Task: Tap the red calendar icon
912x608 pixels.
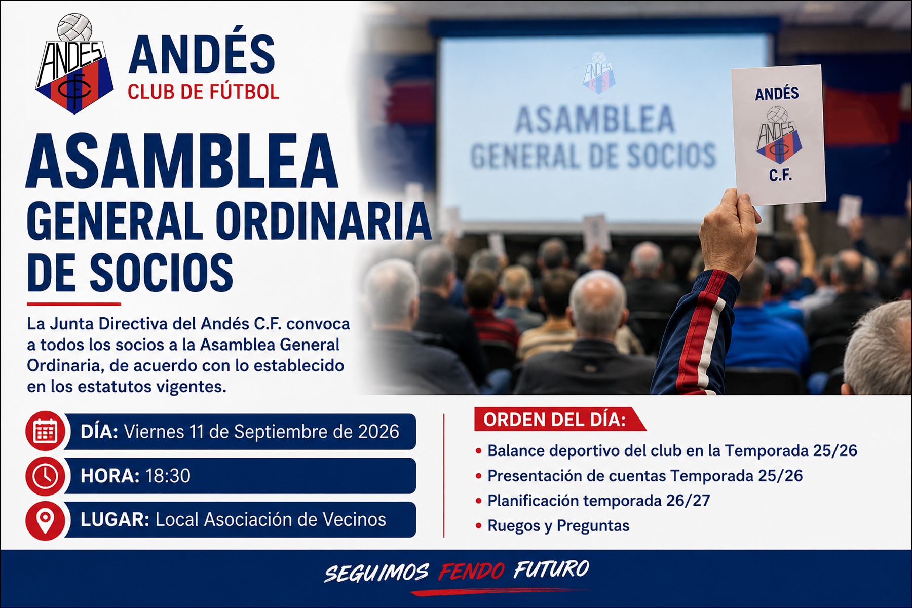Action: (x=45, y=431)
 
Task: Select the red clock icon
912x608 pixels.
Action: (x=45, y=476)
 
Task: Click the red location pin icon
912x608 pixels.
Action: (x=45, y=520)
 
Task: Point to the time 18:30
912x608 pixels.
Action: (x=168, y=476)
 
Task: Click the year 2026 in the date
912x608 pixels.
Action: (x=378, y=432)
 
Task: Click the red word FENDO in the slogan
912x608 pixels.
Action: (x=472, y=572)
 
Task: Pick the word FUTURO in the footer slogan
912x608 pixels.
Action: (x=552, y=569)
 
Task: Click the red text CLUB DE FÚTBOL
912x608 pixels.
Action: (x=203, y=92)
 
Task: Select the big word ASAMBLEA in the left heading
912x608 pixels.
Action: (x=182, y=161)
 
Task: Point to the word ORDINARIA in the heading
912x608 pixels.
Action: (x=323, y=221)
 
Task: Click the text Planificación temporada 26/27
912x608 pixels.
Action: (x=599, y=501)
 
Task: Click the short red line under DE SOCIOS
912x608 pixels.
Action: (x=74, y=304)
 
